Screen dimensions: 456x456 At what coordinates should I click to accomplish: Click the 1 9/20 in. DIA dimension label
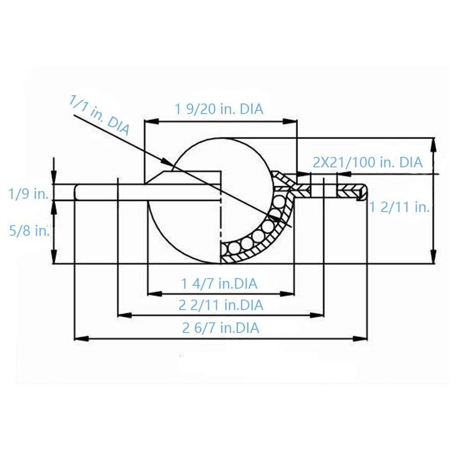(x=219, y=109)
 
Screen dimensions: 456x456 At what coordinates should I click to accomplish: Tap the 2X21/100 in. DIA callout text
(x=368, y=162)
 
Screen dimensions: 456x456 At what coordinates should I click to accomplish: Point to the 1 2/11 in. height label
(x=399, y=207)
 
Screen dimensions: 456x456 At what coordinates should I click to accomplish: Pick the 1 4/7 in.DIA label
(x=219, y=284)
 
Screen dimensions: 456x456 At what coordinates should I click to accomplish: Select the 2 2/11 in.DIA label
(x=221, y=305)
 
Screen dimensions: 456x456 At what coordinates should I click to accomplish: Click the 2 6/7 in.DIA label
(x=221, y=327)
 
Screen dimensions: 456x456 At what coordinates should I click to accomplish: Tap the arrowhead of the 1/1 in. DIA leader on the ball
(x=167, y=163)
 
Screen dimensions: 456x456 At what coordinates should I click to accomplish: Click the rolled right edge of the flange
(x=362, y=192)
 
